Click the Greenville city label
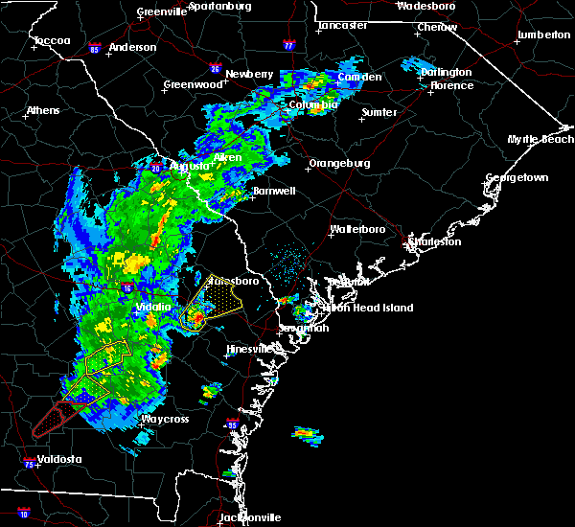point(161,12)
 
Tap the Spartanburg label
point(219,6)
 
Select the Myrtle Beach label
point(540,140)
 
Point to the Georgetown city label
point(517,178)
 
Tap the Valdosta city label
point(54,459)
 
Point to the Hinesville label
point(248,350)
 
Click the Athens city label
point(42,110)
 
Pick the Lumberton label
point(543,34)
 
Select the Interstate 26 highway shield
point(216,69)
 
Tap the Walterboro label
point(356,230)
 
